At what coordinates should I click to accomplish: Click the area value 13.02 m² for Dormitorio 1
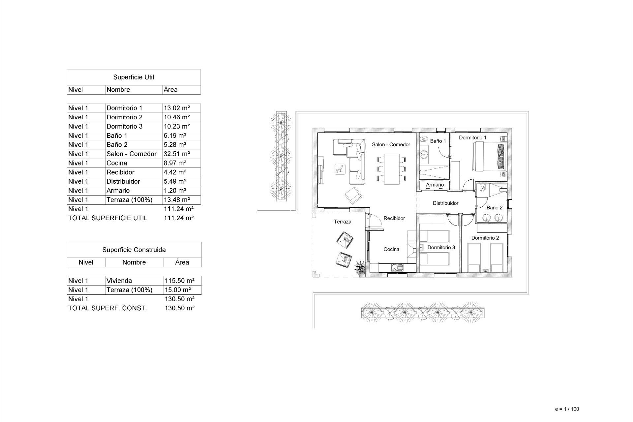coord(177,108)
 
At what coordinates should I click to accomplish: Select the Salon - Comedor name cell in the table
coord(131,154)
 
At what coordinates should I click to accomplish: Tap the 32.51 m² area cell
coord(177,154)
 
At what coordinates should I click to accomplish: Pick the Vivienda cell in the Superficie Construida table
coord(119,281)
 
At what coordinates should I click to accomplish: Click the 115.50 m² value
coord(179,281)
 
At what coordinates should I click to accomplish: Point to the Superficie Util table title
coord(134,77)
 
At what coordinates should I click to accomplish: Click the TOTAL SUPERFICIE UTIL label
coord(108,218)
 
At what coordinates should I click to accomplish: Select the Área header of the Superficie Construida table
coord(182,262)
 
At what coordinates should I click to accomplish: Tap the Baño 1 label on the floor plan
coord(438,141)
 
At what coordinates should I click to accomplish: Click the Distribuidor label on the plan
coord(445,203)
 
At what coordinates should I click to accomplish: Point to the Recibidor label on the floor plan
coord(394,218)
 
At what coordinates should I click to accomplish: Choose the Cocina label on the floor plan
coord(391,249)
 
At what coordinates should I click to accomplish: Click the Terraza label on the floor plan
coord(343,222)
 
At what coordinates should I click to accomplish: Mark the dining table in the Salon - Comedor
coord(391,169)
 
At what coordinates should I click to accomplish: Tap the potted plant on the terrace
coord(360,267)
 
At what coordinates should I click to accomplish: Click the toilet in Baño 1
coord(424,139)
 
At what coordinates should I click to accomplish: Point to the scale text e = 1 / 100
coord(567,409)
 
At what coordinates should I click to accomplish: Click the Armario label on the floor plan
coord(435,185)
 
